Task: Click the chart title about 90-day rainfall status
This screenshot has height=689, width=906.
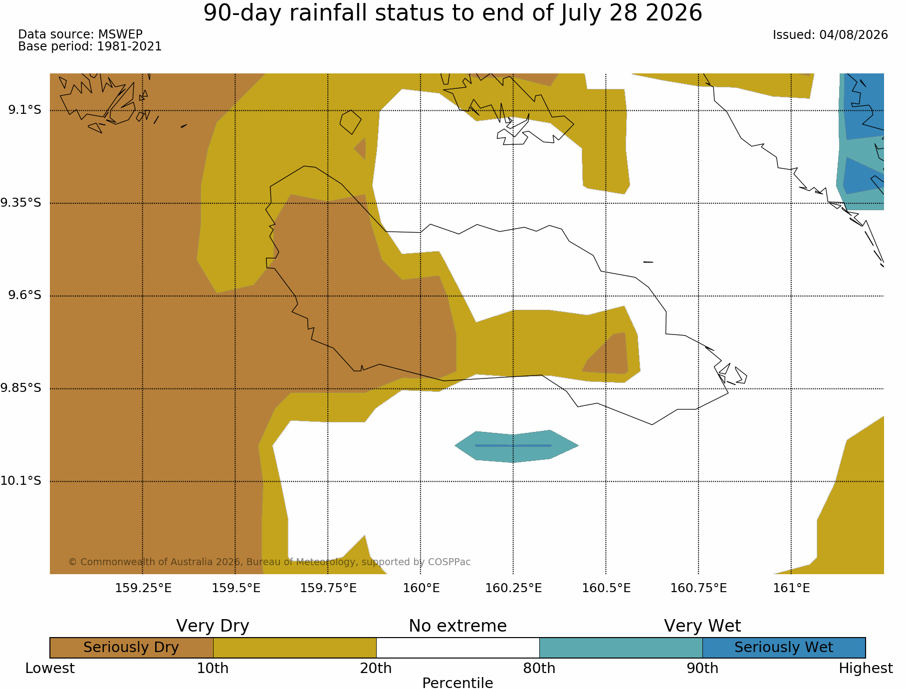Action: tap(453, 13)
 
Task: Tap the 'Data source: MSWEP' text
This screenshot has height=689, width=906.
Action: tap(80, 34)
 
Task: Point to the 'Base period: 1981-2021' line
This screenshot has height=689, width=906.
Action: tap(90, 46)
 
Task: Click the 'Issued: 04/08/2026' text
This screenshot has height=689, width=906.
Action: tap(830, 35)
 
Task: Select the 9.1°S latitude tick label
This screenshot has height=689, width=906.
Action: tap(24, 110)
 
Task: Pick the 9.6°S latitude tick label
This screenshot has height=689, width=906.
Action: tap(24, 295)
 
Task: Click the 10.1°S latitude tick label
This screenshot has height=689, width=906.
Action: tap(21, 481)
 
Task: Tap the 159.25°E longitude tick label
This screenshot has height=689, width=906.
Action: tap(143, 588)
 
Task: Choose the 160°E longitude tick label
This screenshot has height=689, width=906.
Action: tap(421, 588)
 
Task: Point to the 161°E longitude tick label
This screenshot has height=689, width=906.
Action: tap(791, 588)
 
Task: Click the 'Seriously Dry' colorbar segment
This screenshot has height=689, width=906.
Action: tap(131, 648)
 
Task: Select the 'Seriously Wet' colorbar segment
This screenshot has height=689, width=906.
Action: tap(784, 648)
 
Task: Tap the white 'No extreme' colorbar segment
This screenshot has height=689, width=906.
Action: tap(457, 648)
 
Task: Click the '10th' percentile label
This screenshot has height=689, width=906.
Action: tap(213, 669)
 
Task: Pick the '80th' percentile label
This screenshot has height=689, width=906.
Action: tap(539, 669)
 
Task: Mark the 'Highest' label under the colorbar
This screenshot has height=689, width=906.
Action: tap(866, 669)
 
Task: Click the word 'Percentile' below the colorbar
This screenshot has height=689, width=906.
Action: tap(457, 683)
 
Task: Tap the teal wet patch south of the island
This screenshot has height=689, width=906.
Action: tap(516, 446)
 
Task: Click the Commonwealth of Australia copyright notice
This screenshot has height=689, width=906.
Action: tap(269, 562)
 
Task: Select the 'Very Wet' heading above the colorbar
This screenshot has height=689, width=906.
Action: tap(702, 626)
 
